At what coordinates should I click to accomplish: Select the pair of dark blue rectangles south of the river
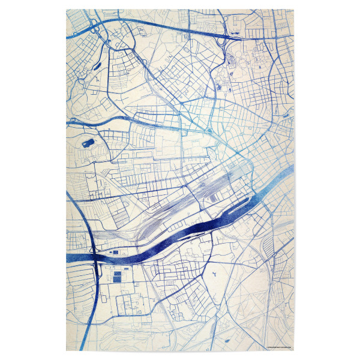[x=116, y=278]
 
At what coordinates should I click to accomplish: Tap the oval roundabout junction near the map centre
[x=209, y=131]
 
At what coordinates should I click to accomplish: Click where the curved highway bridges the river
[x=95, y=257]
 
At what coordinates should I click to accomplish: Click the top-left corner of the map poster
[x=66, y=10]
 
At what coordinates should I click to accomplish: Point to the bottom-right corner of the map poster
[x=293, y=350]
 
